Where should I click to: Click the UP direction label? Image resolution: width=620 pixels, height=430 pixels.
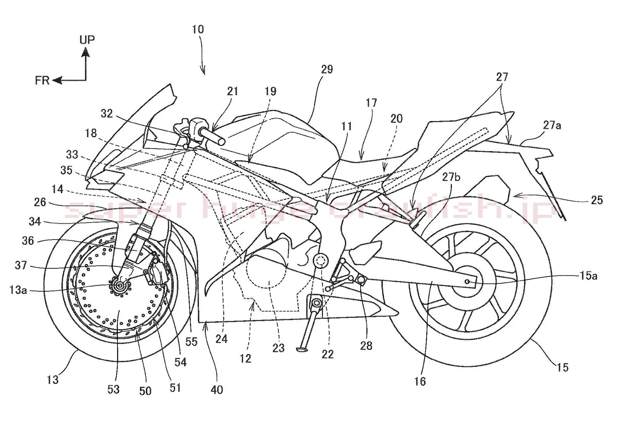tap(87, 40)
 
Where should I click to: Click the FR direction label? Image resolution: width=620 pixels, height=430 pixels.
tap(42, 80)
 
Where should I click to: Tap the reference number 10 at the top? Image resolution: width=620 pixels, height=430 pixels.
tap(198, 29)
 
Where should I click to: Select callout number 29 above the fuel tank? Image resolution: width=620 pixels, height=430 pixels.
tap(327, 69)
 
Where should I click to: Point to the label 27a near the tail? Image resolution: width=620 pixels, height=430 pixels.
tap(552, 125)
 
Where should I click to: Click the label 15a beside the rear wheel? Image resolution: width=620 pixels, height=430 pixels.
tap(589, 276)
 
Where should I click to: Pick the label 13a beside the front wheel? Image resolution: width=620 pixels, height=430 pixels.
tap(18, 290)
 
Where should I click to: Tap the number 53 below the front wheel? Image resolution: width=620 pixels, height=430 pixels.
tap(114, 389)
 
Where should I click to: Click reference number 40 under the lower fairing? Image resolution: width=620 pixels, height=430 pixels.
tap(217, 389)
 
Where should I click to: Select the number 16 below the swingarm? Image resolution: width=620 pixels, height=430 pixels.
tap(420, 381)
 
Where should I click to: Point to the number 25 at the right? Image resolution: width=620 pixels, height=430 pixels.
tap(597, 200)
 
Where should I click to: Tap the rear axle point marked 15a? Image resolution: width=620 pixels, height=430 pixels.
tap(468, 281)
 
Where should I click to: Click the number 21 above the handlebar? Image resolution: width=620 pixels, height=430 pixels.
tap(232, 92)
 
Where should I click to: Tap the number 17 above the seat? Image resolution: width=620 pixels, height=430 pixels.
tap(371, 103)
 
